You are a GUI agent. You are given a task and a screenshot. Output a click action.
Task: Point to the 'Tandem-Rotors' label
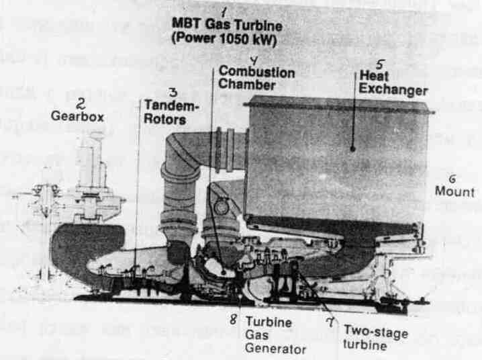point(165,114)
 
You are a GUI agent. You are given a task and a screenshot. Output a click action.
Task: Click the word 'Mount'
point(453,191)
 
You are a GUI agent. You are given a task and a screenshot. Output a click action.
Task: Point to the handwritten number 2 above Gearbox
point(80,103)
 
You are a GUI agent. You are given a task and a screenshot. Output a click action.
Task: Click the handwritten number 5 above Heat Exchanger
point(380,65)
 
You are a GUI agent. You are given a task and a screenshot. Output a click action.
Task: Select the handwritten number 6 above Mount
point(452,179)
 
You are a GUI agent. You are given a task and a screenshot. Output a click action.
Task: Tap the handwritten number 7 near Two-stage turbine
point(329,323)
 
